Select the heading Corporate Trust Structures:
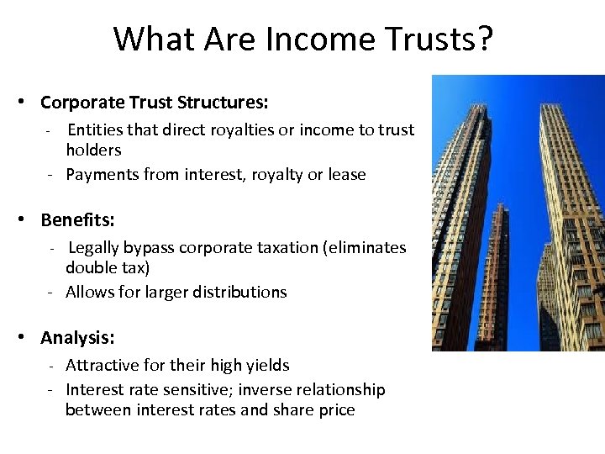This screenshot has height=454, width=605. pyautogui.click(x=155, y=103)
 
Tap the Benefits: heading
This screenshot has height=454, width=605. pyautogui.click(x=77, y=220)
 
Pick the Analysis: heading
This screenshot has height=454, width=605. pyautogui.click(x=77, y=338)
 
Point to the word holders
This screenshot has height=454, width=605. pyautogui.click(x=93, y=150)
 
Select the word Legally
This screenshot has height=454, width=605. pyautogui.click(x=93, y=248)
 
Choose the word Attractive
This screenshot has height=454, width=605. pyautogui.click(x=100, y=366)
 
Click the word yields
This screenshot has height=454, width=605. pyautogui.click(x=267, y=366)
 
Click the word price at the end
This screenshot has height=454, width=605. pyautogui.click(x=337, y=410)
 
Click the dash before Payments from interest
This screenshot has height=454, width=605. pyautogui.click(x=50, y=175)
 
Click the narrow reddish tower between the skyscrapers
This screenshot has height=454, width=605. pyautogui.click(x=499, y=269)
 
